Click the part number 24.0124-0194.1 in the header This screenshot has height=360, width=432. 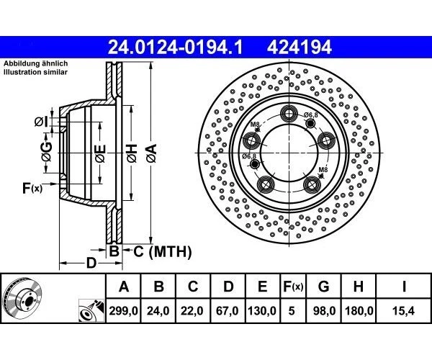coord(175,48)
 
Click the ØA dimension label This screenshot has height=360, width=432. coord(150,153)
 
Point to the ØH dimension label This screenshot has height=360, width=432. coord(132,153)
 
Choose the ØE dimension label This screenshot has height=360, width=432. coord(100,153)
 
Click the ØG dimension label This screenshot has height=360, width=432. coord(46,149)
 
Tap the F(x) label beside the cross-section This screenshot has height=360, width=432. coord(32,189)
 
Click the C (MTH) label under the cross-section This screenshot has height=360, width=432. coord(158,251)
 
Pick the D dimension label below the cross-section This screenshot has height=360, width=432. coord(91,263)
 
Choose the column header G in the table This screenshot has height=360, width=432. coord(323,287)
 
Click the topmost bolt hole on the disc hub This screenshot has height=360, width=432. coord(290,112)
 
